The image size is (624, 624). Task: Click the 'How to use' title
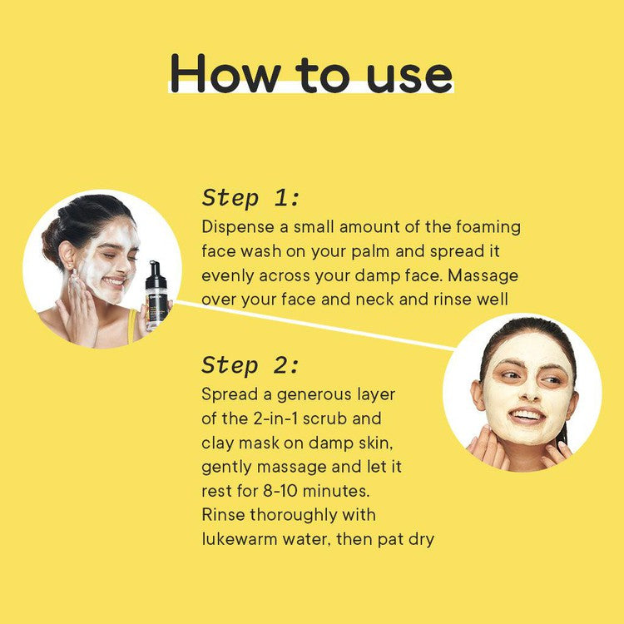click(x=311, y=73)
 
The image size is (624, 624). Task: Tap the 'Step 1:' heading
click(x=250, y=198)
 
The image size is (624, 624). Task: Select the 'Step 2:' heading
click(x=250, y=365)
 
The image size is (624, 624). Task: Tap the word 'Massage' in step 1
click(x=483, y=275)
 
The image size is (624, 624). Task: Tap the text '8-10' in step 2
click(x=280, y=491)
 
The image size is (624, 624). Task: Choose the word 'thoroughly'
click(x=294, y=515)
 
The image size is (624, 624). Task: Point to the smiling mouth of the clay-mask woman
click(x=527, y=416)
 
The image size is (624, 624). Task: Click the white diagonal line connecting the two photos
click(x=314, y=325)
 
